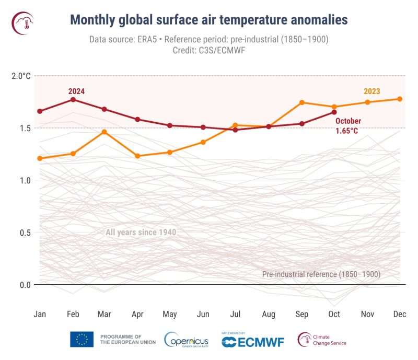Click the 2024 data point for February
[73, 99]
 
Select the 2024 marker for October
[334, 112]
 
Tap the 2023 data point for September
[301, 102]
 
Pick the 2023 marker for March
[104, 132]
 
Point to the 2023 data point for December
[400, 99]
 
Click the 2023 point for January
[40, 158]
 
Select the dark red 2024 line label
[76, 91]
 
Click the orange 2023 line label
[371, 91]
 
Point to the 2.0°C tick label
[21, 76]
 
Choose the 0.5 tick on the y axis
[25, 233]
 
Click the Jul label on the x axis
[236, 314]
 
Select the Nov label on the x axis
[367, 314]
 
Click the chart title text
[208, 20]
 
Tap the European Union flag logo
[82, 340]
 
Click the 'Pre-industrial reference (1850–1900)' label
[321, 274]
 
